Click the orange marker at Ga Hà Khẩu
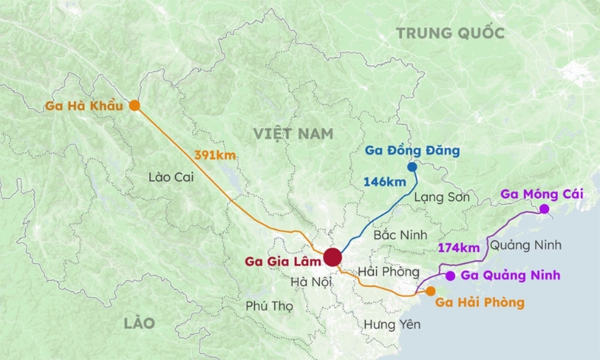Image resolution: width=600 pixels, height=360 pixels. tap(135, 106)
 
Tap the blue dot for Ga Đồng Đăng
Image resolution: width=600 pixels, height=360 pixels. tap(412, 167)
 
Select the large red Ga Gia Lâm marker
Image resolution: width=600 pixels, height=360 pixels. tap(332, 257)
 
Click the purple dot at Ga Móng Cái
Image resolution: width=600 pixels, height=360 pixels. tap(544, 209)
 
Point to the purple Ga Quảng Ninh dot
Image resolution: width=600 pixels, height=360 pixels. tap(450, 276)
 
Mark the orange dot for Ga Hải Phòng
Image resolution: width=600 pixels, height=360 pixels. tap(430, 291)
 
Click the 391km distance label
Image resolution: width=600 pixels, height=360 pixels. tap(215, 155)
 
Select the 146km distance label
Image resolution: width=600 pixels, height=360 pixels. tap(385, 182)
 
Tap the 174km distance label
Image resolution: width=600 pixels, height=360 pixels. tap(458, 247)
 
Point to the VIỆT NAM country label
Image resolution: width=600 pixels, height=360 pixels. tap(294, 133)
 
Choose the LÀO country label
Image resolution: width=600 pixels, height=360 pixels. tap(139, 323)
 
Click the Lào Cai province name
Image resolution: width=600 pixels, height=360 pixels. tap(171, 177)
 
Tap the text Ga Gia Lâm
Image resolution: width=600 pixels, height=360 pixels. tap(279, 262)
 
